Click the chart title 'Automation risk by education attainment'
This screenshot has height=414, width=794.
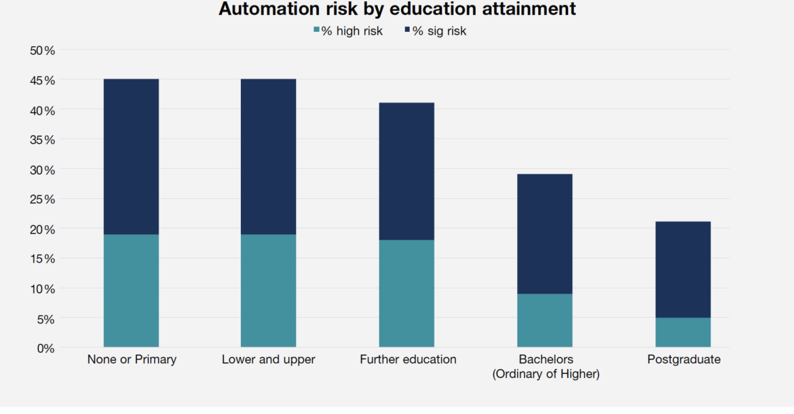pos(397,10)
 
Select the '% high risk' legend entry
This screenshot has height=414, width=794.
pos(347,31)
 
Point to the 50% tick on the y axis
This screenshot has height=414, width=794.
pos(42,50)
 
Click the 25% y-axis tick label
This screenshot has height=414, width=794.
pos(42,199)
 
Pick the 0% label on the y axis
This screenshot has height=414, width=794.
pos(45,348)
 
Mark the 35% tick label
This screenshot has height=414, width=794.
pos(42,140)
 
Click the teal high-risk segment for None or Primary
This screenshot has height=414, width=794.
pos(131,290)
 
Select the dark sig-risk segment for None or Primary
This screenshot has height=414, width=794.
pos(131,157)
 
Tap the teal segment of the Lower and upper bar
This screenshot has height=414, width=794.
pos(268,290)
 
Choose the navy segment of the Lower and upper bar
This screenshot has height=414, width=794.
pos(268,157)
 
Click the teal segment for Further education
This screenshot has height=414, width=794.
pos(407,293)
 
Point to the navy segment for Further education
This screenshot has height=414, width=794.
pos(407,171)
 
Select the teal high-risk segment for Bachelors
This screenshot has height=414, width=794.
pos(544,320)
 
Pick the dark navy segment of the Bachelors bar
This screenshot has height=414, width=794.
pos(544,233)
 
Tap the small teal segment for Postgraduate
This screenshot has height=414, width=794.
pos(683,333)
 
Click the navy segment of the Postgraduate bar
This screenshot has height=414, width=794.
pos(683,269)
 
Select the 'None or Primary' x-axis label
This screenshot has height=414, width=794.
pos(132,360)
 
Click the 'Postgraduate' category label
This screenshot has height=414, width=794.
pos(683,360)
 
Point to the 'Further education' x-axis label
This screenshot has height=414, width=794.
pos(408,360)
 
